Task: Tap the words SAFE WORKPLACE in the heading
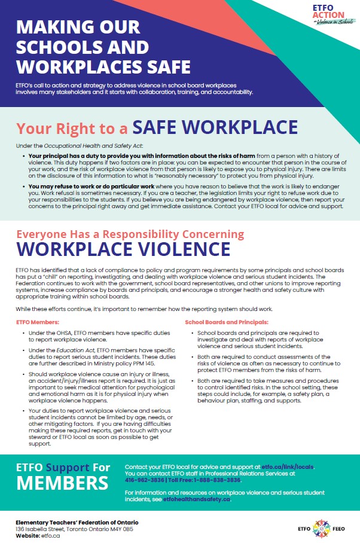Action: click(215, 127)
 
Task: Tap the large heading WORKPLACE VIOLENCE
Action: click(123, 248)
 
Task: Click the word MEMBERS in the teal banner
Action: click(62, 483)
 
